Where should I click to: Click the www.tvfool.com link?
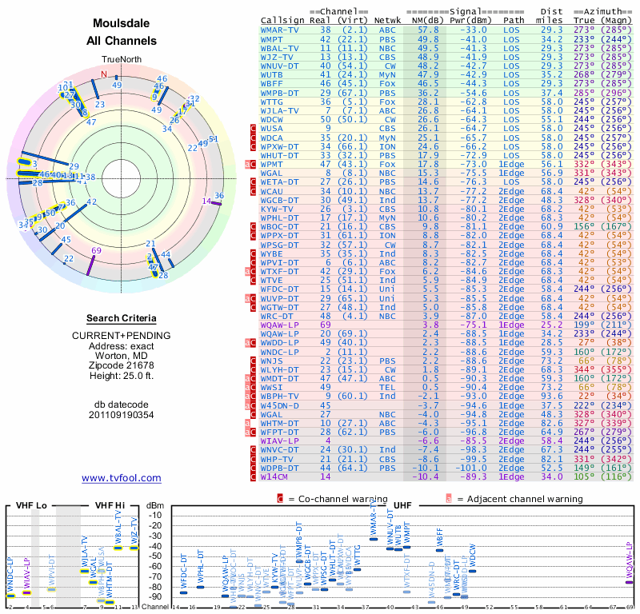[x=121, y=478]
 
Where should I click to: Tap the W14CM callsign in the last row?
[x=277, y=476]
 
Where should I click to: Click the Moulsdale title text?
[x=121, y=24]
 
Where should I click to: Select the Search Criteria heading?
[x=121, y=317]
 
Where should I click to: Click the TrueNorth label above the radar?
[x=121, y=61]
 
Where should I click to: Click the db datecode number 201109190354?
[x=121, y=414]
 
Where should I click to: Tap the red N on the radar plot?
[x=103, y=74]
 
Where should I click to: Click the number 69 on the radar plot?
[x=96, y=250]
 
